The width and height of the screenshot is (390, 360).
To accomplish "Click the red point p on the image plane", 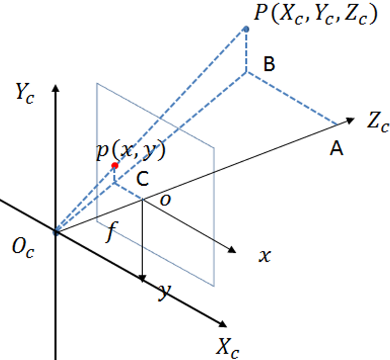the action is point(115,165).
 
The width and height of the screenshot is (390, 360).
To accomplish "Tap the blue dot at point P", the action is point(246,29).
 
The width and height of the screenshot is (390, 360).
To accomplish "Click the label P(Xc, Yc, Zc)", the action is point(316,14).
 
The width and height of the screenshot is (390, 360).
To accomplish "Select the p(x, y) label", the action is point(131,151).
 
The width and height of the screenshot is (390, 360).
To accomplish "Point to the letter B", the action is point(269,64).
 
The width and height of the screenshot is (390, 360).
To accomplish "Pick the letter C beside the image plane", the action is point(143,178).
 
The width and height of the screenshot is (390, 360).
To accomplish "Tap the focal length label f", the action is point(111,232).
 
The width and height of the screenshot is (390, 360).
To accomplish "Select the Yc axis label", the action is point(25,93).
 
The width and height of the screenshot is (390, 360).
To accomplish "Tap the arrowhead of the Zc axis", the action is point(351,121).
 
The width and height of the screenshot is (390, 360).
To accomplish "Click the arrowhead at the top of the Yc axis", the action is point(56,88).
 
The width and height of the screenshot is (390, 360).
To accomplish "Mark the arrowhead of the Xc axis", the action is point(222,323).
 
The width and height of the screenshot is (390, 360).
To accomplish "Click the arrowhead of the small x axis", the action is point(232,250).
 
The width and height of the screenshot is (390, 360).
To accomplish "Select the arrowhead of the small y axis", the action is point(142,279).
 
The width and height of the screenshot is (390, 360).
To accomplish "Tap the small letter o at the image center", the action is point(166,200).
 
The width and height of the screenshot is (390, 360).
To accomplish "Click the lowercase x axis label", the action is point(265,256).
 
